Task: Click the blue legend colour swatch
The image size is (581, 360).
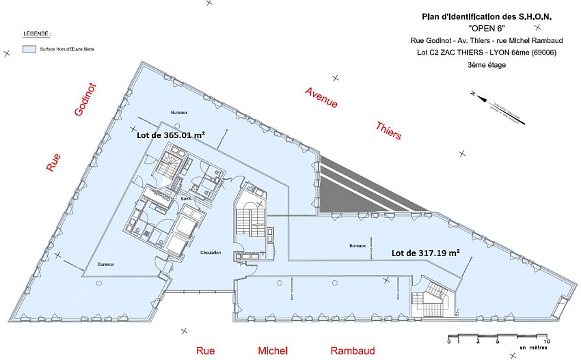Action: [x=29, y=49]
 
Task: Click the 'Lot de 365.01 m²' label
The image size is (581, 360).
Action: [x=171, y=135]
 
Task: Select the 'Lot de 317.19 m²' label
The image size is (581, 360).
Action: [x=424, y=252]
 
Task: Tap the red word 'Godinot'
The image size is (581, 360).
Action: [x=86, y=100]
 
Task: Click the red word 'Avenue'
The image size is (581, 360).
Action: [x=321, y=98]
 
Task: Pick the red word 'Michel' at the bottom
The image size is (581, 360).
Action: [x=273, y=350]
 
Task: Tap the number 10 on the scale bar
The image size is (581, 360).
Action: [x=547, y=340]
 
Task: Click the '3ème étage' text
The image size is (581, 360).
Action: [x=483, y=64]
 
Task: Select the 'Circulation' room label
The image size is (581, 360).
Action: [x=210, y=253]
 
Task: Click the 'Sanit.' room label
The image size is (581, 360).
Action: [x=185, y=199]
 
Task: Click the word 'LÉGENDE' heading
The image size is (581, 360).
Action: [x=38, y=33]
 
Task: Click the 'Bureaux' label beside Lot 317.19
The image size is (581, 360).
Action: [x=357, y=246]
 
